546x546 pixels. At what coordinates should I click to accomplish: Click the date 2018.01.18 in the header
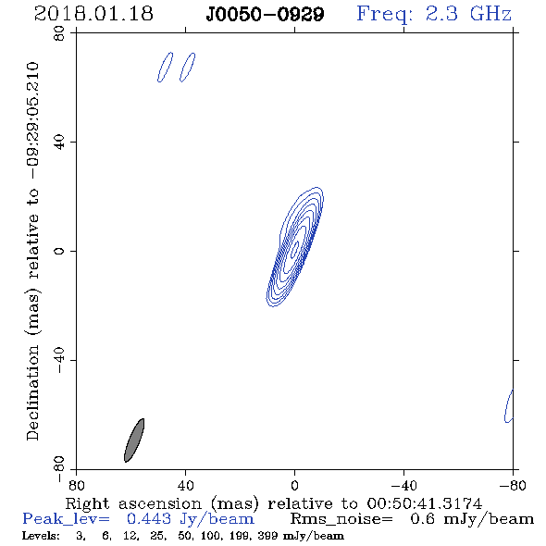click(x=93, y=14)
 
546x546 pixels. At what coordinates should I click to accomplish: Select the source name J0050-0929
click(x=265, y=15)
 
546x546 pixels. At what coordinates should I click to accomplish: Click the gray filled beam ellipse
click(x=134, y=441)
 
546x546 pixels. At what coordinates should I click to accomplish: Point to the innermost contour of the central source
click(x=295, y=247)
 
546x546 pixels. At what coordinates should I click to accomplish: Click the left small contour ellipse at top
click(x=165, y=68)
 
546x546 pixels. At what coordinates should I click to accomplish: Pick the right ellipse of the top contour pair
click(x=188, y=68)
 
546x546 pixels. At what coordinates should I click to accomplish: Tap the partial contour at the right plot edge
click(x=508, y=406)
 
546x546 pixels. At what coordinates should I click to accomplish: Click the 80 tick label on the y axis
click(x=59, y=33)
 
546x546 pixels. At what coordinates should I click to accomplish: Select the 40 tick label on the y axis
click(x=59, y=143)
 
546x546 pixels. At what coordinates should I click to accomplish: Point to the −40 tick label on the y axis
click(x=59, y=360)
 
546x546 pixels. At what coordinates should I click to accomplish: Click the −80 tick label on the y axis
click(x=59, y=469)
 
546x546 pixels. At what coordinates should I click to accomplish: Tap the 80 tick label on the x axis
click(x=76, y=485)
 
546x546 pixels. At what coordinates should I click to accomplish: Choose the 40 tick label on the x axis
click(x=185, y=485)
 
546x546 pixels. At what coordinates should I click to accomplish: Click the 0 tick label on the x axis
click(x=294, y=485)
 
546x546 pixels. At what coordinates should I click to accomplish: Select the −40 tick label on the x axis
click(x=403, y=485)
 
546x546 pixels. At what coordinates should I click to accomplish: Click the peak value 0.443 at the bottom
click(x=149, y=519)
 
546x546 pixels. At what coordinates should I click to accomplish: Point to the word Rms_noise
click(x=341, y=519)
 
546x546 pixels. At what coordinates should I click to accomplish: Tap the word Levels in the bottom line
click(x=41, y=535)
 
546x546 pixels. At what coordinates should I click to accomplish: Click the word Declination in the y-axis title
click(x=32, y=392)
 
